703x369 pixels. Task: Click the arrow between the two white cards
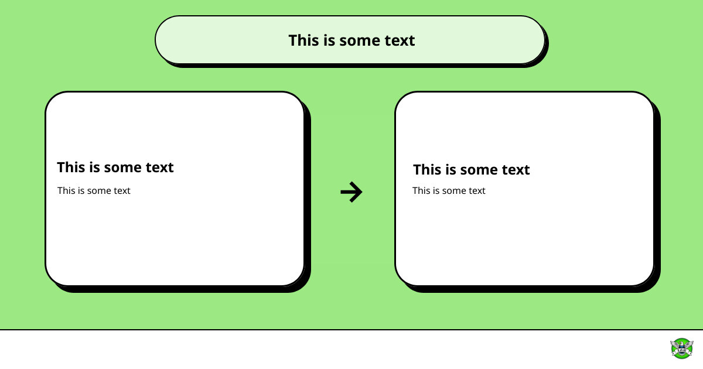[x=351, y=192]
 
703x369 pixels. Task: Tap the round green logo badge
[x=682, y=348]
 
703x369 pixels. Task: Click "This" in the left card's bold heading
[x=71, y=168]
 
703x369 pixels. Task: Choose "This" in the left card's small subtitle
[x=66, y=190]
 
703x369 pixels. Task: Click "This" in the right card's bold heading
[x=427, y=169]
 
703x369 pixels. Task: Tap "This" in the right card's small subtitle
[x=421, y=190]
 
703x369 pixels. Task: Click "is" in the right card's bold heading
[x=451, y=169]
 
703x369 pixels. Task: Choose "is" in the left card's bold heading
[x=94, y=168]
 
